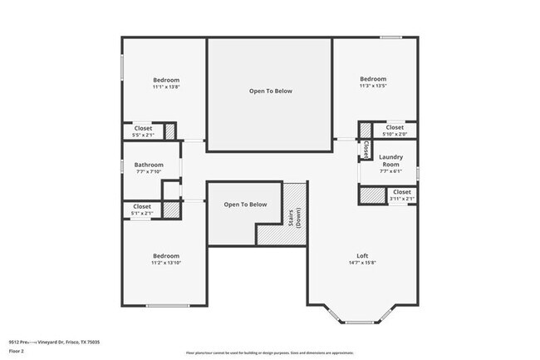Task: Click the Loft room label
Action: point(362,255)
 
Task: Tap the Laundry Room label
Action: point(390,160)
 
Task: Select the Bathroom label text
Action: point(149,165)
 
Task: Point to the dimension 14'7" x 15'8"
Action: point(362,263)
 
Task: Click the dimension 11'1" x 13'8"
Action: point(166,87)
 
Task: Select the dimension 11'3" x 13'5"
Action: point(372,86)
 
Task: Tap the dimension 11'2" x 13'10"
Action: point(166,263)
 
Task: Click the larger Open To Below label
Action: point(271,91)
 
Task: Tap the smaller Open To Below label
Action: point(246,205)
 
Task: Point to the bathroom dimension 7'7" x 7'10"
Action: point(149,172)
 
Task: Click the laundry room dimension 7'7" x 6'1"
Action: point(390,172)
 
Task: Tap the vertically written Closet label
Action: point(366,149)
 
